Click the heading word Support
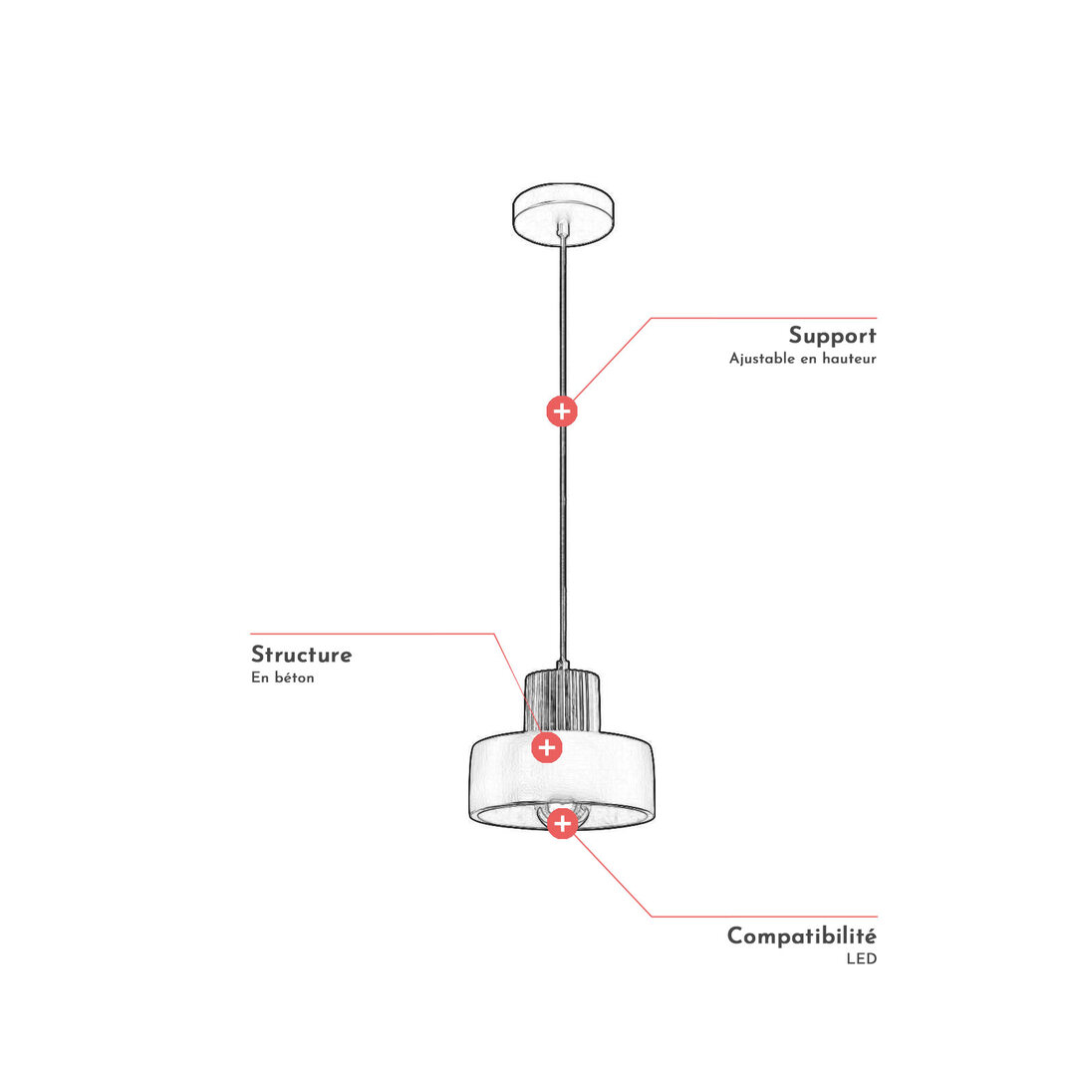[832, 336]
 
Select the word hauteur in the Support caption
[850, 359]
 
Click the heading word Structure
[301, 654]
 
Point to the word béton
[294, 677]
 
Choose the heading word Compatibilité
[801, 936]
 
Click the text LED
[861, 958]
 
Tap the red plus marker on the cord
[562, 411]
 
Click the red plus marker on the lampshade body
[547, 747]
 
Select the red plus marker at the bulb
[562, 824]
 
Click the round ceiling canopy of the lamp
[563, 213]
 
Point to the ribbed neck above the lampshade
[562, 700]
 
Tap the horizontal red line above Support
[764, 318]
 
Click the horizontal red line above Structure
[372, 634]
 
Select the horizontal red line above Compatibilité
[764, 917]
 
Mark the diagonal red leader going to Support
[612, 359]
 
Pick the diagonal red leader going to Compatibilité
[612, 875]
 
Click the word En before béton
[259, 677]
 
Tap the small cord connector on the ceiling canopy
[563, 228]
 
